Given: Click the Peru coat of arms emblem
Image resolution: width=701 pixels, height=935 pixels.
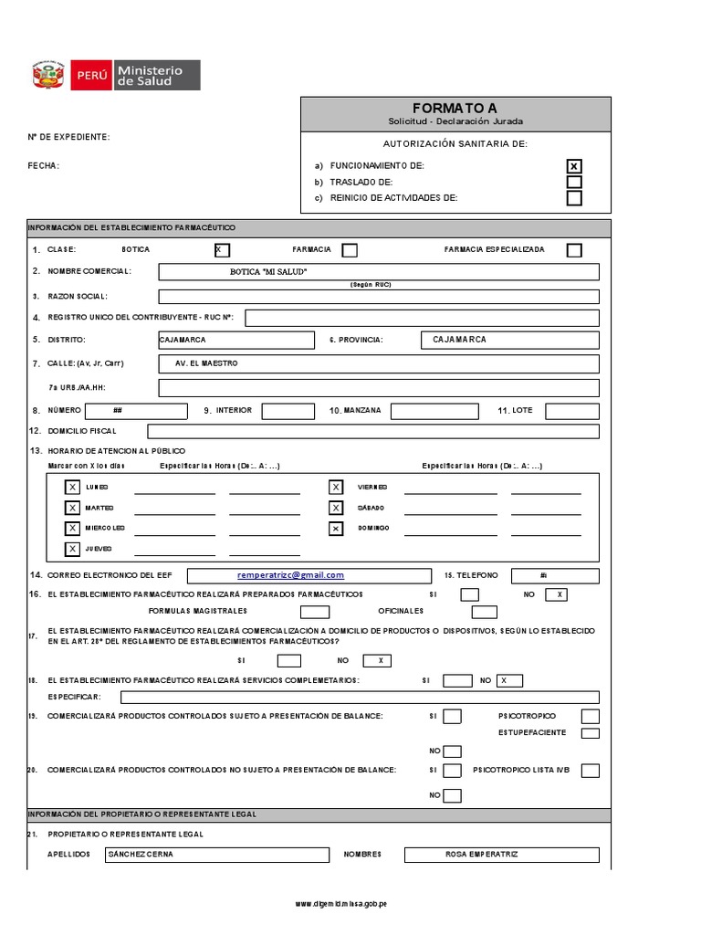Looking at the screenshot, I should pos(47,75).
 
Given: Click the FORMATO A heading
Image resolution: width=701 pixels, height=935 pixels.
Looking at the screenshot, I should pos(455,108).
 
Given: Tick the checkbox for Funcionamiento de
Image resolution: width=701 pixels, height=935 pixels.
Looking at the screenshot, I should pos(573,166).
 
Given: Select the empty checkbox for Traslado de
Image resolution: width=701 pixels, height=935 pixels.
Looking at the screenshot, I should pos(573,182).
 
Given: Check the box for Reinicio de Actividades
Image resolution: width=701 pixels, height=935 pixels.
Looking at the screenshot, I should pos(573,197).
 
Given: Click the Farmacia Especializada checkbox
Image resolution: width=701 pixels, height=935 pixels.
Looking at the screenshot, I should pos(573,250).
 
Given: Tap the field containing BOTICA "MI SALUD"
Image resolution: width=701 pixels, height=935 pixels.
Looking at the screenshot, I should pos(379,272).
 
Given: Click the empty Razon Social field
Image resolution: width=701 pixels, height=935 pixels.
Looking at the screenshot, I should pos(379,296).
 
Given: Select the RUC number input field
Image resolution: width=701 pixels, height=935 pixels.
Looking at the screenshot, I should pos(422,318).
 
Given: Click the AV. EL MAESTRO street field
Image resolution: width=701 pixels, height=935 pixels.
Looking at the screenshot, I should pos(379,363).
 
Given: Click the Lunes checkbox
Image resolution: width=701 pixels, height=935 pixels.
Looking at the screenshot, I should pos(72,488).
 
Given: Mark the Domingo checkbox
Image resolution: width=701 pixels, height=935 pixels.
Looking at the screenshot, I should pos(336,529).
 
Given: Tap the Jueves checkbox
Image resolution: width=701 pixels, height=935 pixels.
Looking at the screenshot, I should pos(72,549).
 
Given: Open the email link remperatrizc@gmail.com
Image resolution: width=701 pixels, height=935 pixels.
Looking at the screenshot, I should pos(290,575).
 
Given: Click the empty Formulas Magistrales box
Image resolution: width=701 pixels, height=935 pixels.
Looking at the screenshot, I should pos(315,612).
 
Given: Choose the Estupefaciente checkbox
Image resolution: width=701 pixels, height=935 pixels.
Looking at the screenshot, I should pos(591,732).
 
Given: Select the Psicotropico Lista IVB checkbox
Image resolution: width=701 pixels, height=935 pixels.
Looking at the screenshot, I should pos(591,771).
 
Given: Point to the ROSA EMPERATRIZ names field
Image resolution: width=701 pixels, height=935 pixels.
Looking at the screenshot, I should pos(502,855).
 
